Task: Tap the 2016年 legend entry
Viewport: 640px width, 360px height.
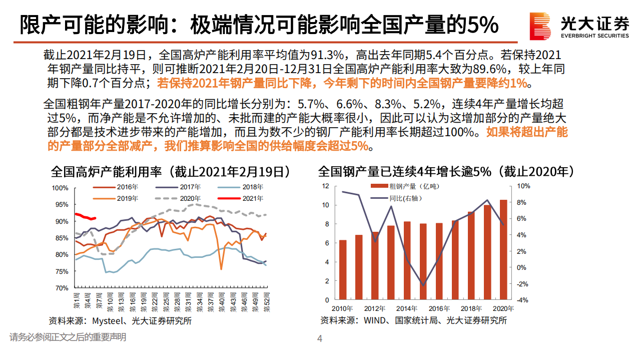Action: pyautogui.click(x=116, y=187)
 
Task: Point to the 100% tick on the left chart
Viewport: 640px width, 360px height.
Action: pyautogui.click(x=60, y=188)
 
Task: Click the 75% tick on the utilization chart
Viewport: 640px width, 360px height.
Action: pyautogui.click(x=61, y=271)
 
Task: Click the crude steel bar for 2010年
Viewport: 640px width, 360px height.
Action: pyautogui.click(x=343, y=270)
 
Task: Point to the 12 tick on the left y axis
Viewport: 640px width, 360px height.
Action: pyautogui.click(x=325, y=186)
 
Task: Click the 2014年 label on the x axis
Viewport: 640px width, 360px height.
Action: pyautogui.click(x=406, y=308)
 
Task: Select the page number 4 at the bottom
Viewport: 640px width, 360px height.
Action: pyautogui.click(x=320, y=339)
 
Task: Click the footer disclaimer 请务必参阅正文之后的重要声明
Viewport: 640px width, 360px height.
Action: pyautogui.click(x=68, y=337)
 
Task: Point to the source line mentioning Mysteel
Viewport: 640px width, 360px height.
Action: pyautogui.click(x=120, y=321)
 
